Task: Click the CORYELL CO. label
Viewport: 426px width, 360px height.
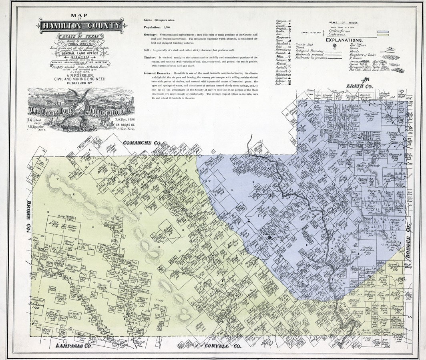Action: [222, 346]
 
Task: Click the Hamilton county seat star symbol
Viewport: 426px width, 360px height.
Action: [269, 237]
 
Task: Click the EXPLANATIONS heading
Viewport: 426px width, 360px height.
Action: [344, 40]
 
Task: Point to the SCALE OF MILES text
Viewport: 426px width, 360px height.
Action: [344, 23]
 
